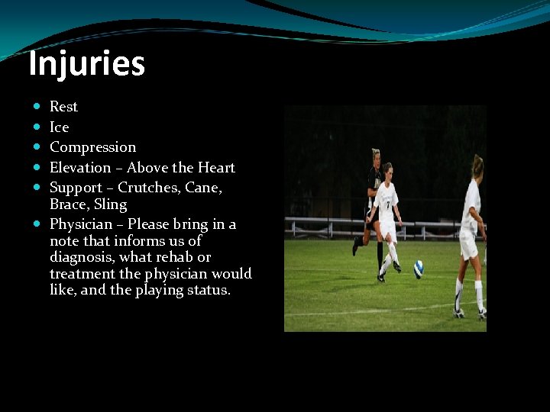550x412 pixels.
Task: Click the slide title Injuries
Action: [86, 64]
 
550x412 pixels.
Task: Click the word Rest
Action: [63, 107]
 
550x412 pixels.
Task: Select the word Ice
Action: [59, 127]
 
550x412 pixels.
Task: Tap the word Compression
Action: [92, 147]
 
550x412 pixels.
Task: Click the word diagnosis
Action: [83, 257]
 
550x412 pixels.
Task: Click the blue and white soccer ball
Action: [419, 269]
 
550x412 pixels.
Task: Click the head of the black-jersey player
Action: [375, 156]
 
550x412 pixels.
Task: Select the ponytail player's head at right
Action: [477, 165]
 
